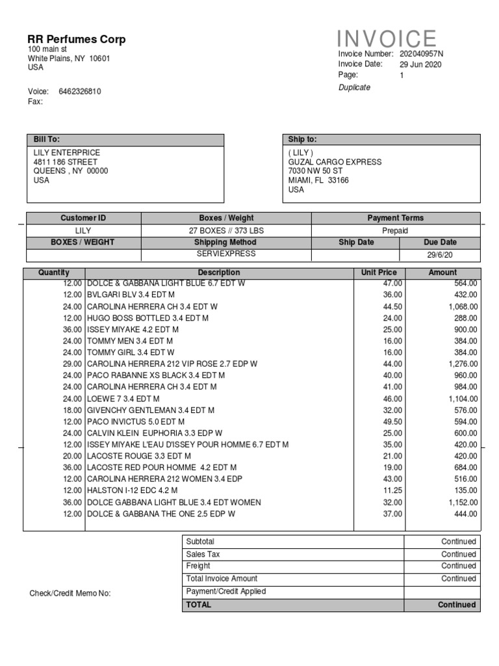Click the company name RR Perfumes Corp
[x=77, y=40]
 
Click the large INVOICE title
[x=387, y=38]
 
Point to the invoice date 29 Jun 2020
[x=420, y=64]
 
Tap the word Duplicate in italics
[x=354, y=88]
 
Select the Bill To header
[x=47, y=139]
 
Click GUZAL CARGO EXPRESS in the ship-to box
[x=335, y=162]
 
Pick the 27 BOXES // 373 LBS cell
[x=226, y=230]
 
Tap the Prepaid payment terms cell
[x=395, y=230]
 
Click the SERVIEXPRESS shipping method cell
[x=226, y=254]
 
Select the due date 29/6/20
[x=440, y=255]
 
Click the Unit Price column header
[x=379, y=273]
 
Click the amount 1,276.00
[x=463, y=364]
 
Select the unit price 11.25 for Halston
[x=392, y=490]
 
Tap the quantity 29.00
[x=73, y=364]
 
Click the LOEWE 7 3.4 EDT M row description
[x=123, y=399]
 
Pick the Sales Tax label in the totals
[x=203, y=554]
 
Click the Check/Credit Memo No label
[x=70, y=593]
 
